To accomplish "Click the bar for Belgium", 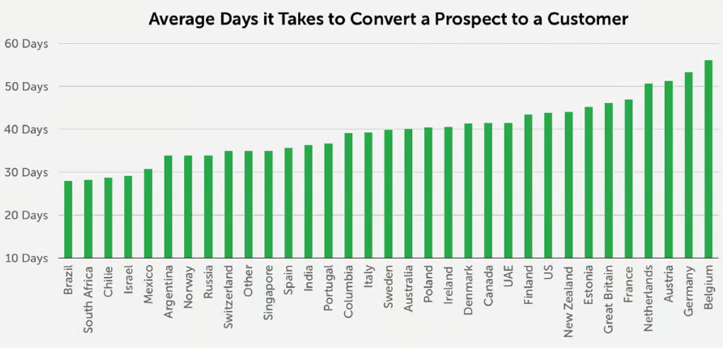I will click(x=708, y=158).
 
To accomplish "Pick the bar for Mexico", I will click(x=148, y=212).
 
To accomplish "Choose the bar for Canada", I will click(x=488, y=190).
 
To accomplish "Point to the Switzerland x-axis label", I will click(x=229, y=299).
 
